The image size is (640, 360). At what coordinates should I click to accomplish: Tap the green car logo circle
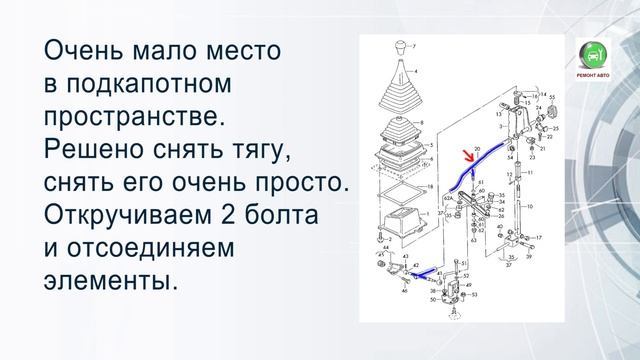coord(594,56)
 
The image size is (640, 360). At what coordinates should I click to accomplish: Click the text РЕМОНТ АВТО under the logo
coord(594,77)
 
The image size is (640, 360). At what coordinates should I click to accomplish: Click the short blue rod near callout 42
coord(423,271)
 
